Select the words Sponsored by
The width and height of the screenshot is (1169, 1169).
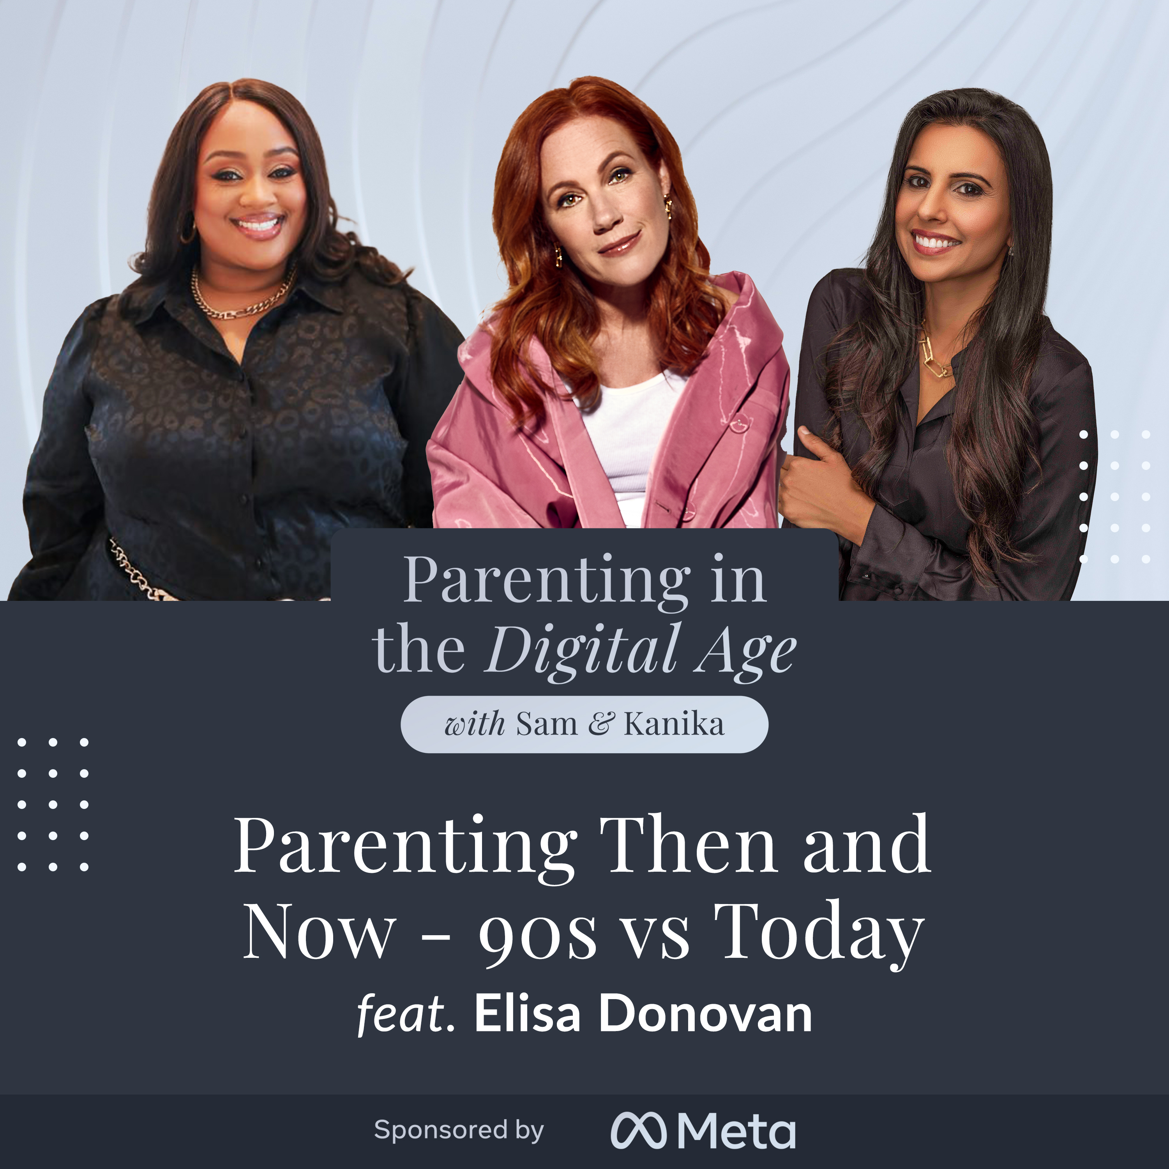click(x=459, y=1130)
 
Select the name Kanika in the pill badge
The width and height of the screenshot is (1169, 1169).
click(x=673, y=724)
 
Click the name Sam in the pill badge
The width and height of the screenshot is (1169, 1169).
click(x=546, y=724)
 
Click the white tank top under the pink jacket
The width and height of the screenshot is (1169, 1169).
click(x=629, y=436)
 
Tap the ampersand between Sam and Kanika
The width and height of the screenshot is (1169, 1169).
click(x=601, y=724)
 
